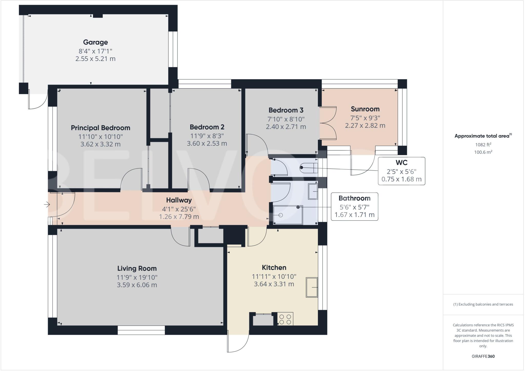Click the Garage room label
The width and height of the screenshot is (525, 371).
coord(95,42)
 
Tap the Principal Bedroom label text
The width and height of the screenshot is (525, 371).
coord(100,128)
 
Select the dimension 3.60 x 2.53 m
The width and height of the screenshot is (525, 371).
coord(207,143)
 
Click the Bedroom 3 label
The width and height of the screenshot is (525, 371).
coord(286,110)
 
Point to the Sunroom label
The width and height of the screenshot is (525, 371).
coord(365,109)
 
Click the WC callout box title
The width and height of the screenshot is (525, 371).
coord(401,163)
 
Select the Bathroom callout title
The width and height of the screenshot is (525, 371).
coord(354,198)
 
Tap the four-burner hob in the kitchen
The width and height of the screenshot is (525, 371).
coord(285,319)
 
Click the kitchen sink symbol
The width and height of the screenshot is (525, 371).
coord(311,287)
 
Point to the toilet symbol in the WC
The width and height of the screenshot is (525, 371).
coord(309,168)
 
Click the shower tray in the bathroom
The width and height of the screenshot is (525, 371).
coord(288,215)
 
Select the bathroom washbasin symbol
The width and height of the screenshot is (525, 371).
coord(312,191)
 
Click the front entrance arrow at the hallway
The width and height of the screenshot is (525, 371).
coord(47,205)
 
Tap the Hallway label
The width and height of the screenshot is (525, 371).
coord(179,200)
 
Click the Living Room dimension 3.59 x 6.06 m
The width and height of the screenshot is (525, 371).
coord(137,285)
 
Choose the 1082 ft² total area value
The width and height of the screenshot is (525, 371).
coord(483,145)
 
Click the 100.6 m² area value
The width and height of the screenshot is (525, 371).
coord(483,152)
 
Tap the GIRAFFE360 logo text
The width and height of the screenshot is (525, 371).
coord(483,356)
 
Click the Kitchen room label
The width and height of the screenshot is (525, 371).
coord(274,268)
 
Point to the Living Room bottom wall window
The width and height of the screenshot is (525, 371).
coord(141,330)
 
